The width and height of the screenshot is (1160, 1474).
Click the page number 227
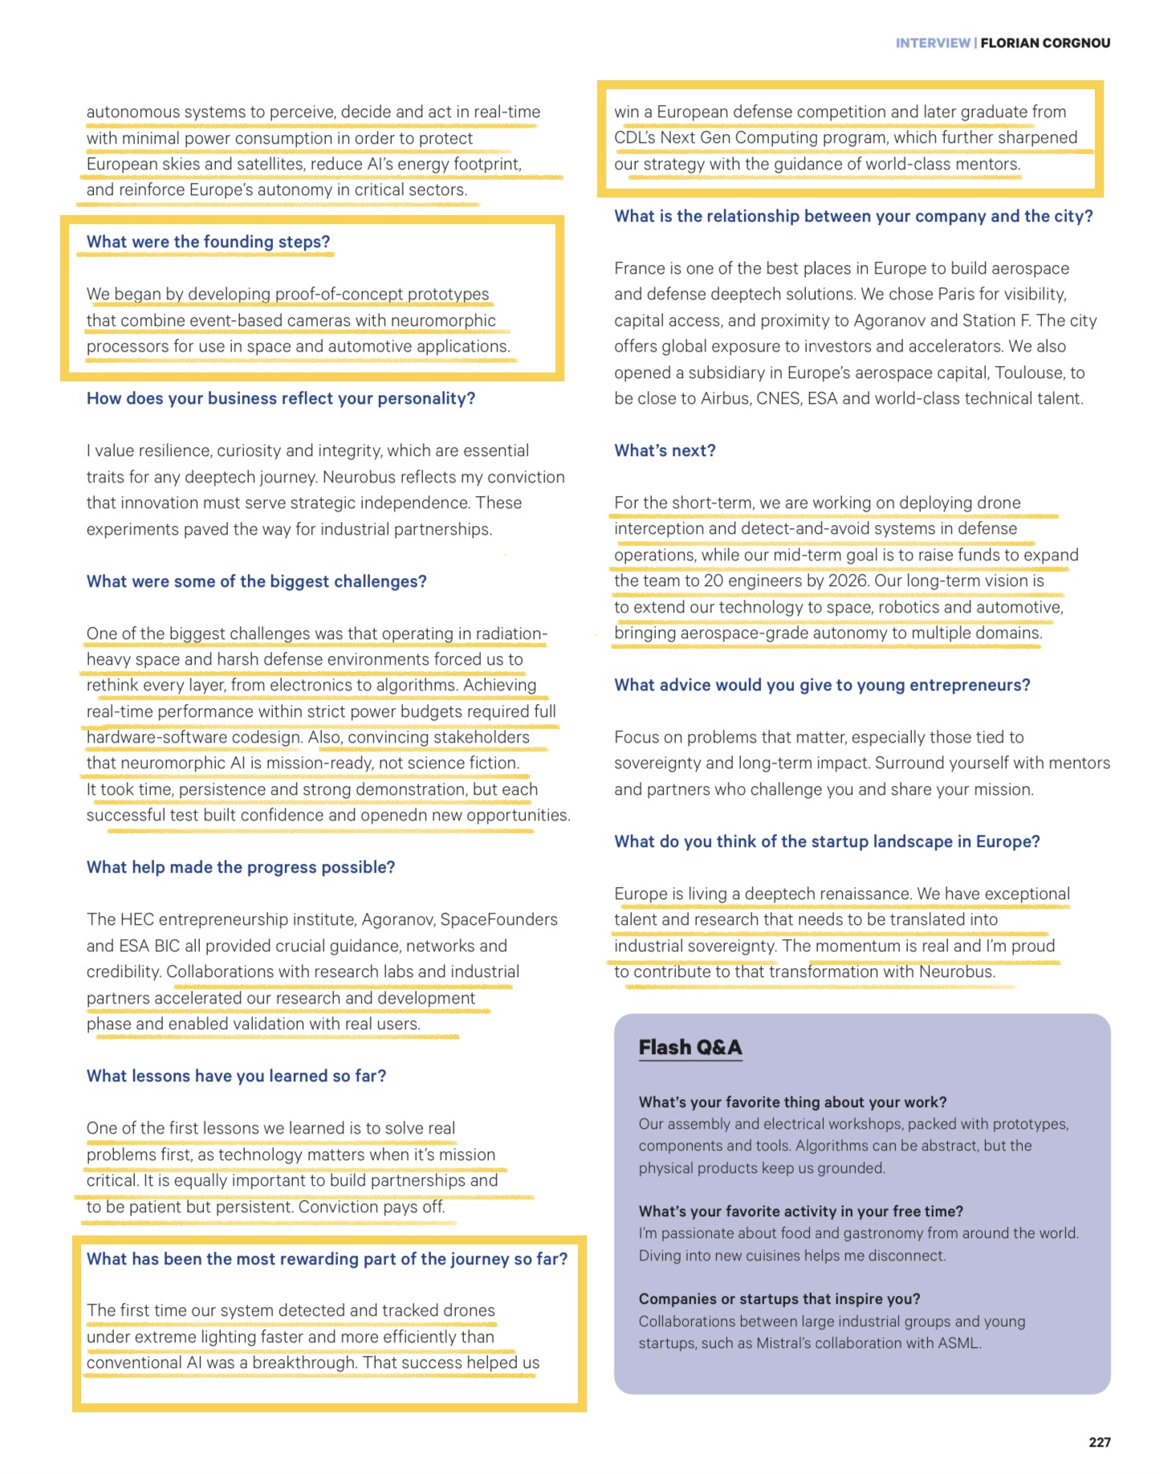tap(1099, 1442)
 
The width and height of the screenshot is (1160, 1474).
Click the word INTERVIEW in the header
tap(932, 43)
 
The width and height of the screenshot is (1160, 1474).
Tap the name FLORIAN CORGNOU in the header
tap(1045, 43)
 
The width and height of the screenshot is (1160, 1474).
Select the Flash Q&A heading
tap(690, 1048)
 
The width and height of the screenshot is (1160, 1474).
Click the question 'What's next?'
tap(665, 450)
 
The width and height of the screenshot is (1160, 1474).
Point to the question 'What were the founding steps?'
tap(208, 242)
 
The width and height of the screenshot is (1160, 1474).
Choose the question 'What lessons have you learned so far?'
tap(236, 1076)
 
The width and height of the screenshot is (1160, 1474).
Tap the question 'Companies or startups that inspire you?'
tap(779, 1299)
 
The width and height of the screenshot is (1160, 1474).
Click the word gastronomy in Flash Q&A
tap(902, 1233)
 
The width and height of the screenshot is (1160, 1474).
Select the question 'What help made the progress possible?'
tap(241, 867)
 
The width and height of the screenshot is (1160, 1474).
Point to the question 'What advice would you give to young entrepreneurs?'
tap(822, 685)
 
